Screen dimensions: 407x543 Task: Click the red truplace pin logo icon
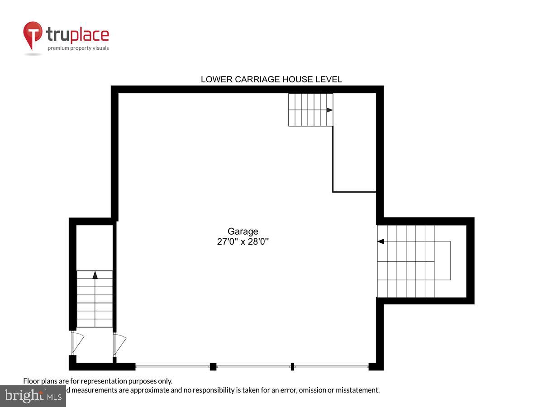click(33, 34)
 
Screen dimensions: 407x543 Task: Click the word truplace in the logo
click(77, 35)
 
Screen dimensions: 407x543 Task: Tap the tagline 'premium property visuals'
click(78, 48)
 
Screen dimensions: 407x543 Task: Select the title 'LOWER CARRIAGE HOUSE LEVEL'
click(271, 80)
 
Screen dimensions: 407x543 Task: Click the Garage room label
click(243, 232)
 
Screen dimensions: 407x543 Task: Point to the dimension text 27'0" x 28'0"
click(243, 241)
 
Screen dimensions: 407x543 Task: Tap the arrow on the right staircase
click(381, 241)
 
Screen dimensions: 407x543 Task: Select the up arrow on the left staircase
click(95, 274)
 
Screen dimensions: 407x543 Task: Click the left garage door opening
click(172, 366)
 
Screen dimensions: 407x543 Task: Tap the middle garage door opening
click(253, 366)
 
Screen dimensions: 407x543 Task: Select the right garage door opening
click(331, 366)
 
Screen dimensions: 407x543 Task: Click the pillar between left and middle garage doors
click(213, 366)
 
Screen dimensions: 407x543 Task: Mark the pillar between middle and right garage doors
click(292, 366)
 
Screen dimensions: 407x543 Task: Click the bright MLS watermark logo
click(33, 396)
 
